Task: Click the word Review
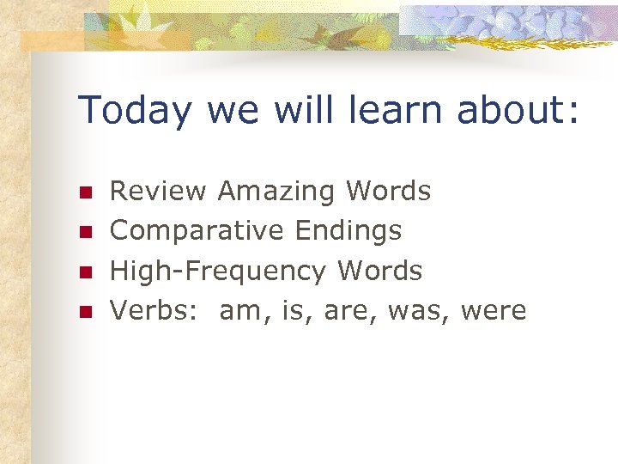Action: coord(159,191)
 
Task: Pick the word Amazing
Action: coord(277,191)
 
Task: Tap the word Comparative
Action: coord(197,230)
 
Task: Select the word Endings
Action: coord(348,230)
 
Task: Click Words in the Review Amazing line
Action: coord(388,191)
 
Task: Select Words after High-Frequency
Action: coord(380,271)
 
